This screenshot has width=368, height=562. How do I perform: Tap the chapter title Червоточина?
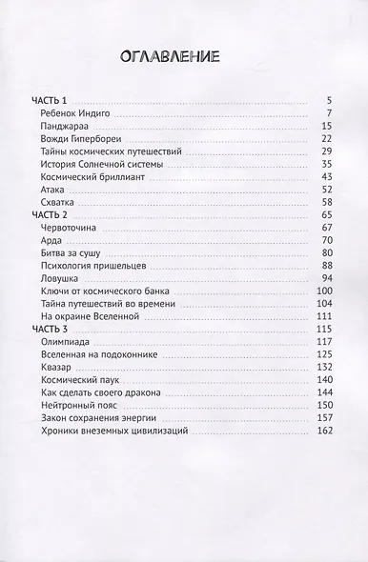71,231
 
